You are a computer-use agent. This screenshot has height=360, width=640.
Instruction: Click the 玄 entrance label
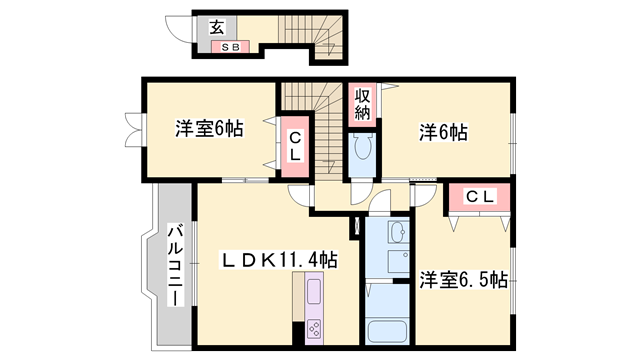217,28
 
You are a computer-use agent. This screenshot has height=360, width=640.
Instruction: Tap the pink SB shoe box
229,46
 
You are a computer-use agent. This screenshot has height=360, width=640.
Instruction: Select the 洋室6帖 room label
208,128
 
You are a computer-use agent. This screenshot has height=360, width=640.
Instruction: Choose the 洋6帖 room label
444,131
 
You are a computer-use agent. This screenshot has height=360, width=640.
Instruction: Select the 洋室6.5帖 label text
462,279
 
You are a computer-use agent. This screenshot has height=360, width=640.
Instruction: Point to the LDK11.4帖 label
279,260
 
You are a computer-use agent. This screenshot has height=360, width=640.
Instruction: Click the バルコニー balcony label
173,266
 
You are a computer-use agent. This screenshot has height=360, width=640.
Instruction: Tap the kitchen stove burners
313,330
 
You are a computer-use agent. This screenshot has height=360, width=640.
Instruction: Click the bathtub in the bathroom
388,331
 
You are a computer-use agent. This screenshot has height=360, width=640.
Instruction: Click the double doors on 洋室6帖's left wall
131,127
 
